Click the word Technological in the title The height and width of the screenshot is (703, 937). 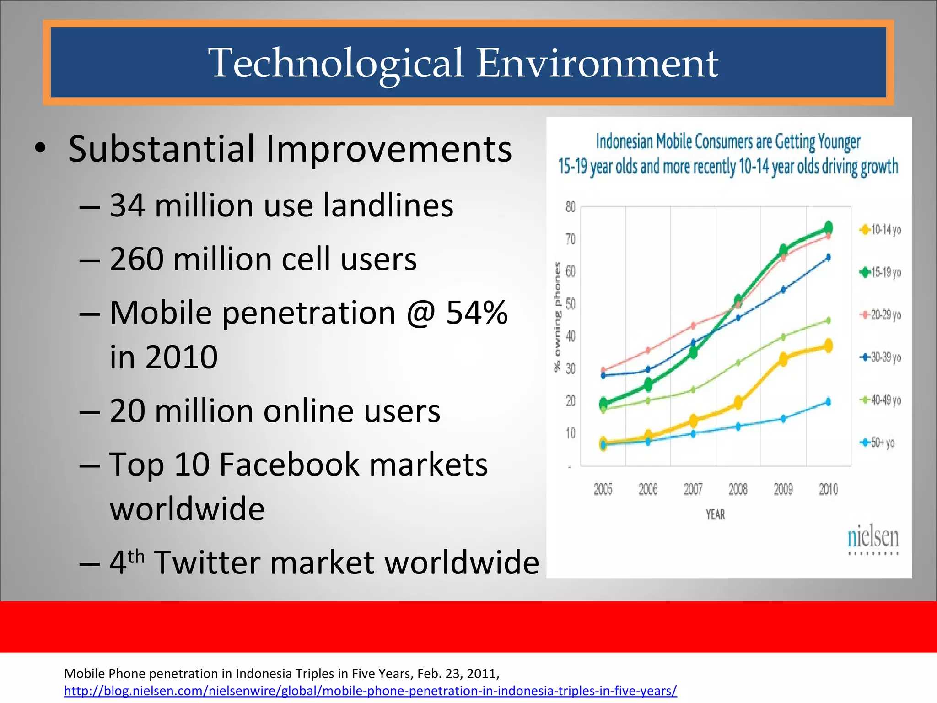(336, 64)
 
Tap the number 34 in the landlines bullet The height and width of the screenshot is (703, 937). (128, 205)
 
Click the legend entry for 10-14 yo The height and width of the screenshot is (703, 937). (881, 230)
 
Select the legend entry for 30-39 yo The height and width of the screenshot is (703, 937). (881, 357)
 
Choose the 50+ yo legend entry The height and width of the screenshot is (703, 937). (878, 443)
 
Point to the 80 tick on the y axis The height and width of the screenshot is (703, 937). (570, 207)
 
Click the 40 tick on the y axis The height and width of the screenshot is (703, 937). (570, 336)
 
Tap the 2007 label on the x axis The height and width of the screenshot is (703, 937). (693, 489)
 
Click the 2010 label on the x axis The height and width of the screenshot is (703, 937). (828, 489)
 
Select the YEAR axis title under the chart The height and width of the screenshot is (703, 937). (715, 514)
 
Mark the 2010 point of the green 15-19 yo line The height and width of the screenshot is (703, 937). (828, 227)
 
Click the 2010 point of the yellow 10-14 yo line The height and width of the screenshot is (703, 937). (828, 346)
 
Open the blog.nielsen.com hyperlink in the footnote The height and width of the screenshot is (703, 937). (370, 691)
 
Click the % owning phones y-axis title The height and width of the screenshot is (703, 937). (557, 317)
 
